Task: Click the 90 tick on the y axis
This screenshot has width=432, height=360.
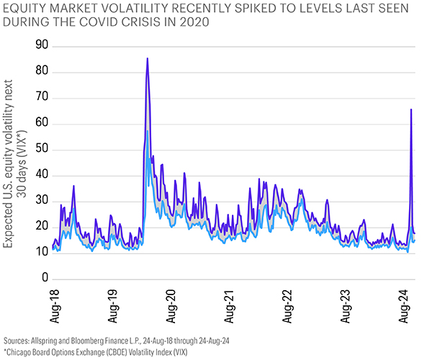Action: (42, 45)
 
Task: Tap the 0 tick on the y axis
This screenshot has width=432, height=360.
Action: (45, 278)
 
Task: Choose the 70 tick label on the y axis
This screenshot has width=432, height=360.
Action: (42, 97)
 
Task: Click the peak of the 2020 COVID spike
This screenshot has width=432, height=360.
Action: (148, 58)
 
